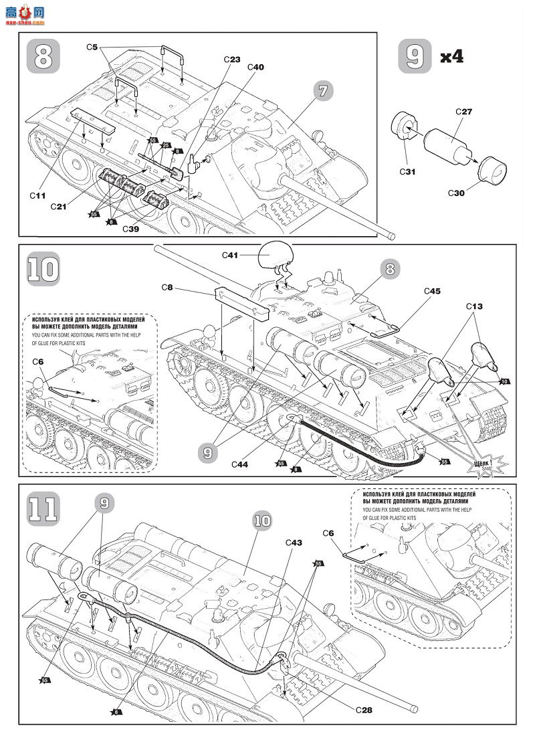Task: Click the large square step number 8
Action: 43,56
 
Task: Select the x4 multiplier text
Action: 451,57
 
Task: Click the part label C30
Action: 457,193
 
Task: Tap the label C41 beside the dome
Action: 231,254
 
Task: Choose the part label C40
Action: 255,67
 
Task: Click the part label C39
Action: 130,228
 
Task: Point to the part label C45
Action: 432,291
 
